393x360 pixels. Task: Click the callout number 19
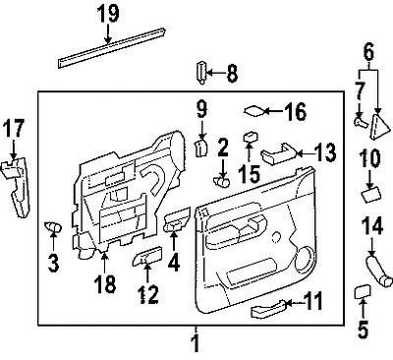[108, 13]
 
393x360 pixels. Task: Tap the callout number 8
[233, 72]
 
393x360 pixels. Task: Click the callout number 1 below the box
[195, 344]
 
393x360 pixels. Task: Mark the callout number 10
[369, 157]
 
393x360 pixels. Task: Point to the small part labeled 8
[202, 72]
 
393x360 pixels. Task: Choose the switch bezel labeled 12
[146, 259]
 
